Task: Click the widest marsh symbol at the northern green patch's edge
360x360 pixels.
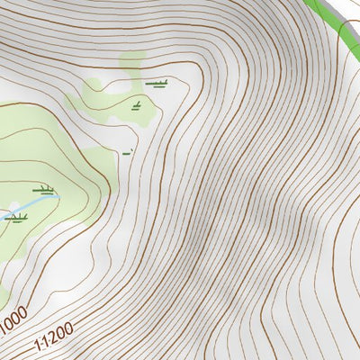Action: (159, 85)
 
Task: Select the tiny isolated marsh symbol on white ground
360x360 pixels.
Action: (127, 151)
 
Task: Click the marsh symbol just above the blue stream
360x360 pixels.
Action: (44, 189)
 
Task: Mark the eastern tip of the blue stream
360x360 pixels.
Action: (58, 194)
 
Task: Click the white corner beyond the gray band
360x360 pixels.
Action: (355, 3)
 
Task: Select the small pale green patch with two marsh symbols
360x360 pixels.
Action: (139, 94)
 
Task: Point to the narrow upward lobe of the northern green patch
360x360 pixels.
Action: (131, 63)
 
